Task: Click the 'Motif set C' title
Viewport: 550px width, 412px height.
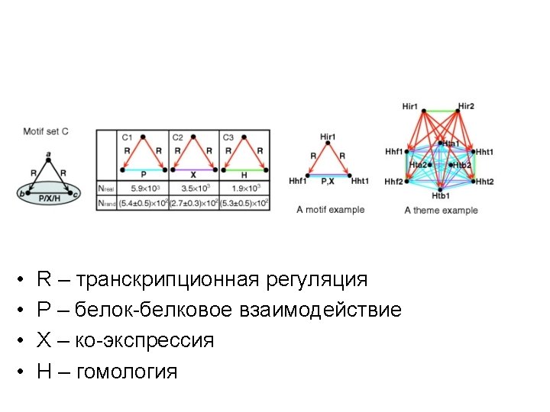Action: [46, 131]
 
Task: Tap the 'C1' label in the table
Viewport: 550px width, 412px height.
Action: [128, 137]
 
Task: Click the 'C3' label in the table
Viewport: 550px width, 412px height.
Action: [229, 137]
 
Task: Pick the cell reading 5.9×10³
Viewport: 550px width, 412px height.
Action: [144, 188]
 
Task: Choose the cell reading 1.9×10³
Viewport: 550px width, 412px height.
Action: [245, 188]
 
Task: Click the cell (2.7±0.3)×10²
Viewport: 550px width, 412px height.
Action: [194, 202]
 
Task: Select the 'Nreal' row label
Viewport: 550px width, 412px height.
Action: [106, 188]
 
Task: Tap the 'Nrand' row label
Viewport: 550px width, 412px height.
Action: [107, 202]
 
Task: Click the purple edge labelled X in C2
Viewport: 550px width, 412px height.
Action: [194, 169]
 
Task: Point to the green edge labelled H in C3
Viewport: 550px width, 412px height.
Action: [244, 169]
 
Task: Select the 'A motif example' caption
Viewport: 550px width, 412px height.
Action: [330, 210]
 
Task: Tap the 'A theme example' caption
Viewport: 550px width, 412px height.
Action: [441, 210]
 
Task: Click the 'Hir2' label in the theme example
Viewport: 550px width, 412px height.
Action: [466, 106]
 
